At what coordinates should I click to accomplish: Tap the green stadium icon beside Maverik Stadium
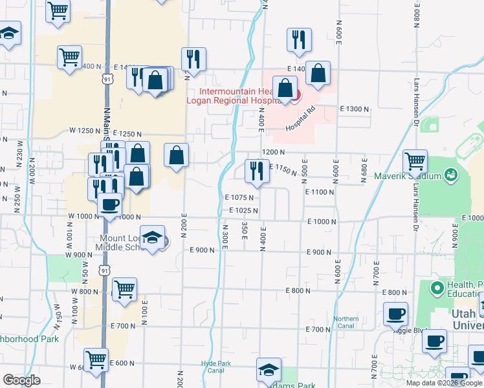[452, 175]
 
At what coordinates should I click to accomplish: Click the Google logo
[21, 380]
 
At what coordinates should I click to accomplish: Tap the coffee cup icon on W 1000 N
[109, 204]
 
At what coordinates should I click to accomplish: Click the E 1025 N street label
[243, 211]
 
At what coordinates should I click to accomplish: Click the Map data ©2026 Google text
[445, 383]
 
